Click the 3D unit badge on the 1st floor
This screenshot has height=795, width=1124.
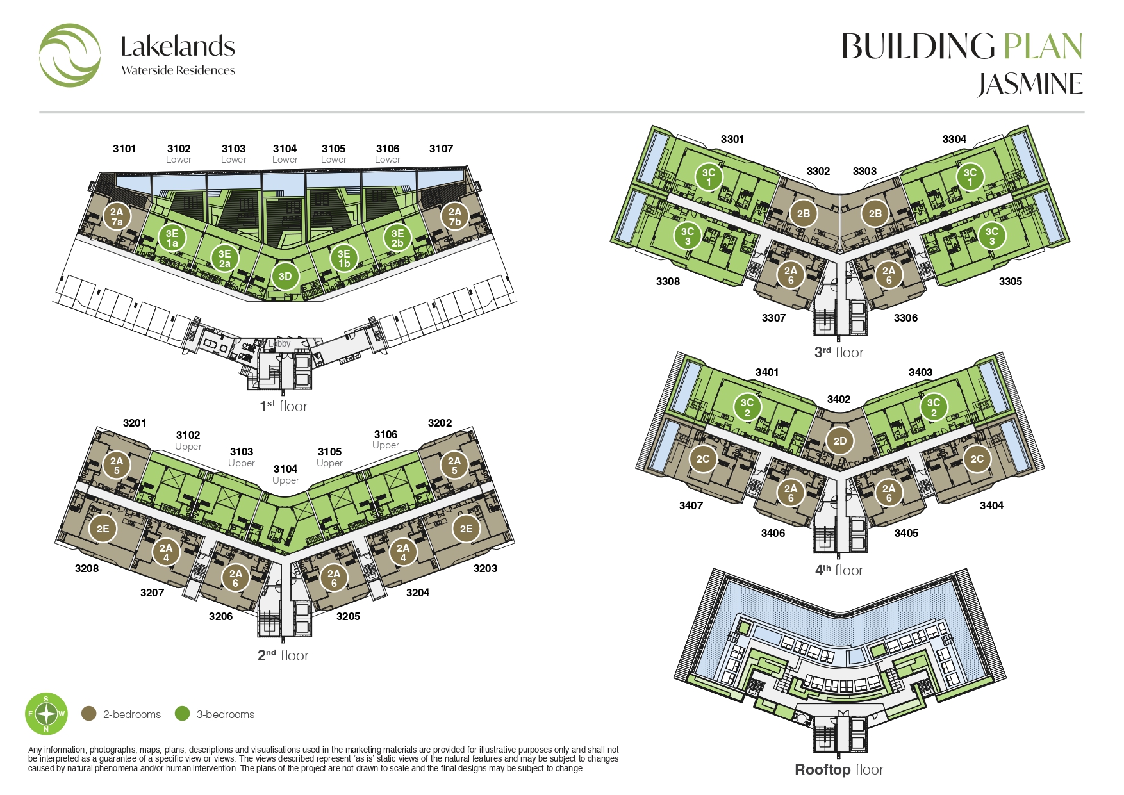click(x=285, y=276)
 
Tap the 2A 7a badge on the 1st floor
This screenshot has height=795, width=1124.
click(x=117, y=217)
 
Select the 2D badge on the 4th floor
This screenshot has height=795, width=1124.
click(x=839, y=440)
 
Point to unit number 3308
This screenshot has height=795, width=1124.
click(x=668, y=281)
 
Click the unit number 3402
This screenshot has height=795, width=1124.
click(x=839, y=399)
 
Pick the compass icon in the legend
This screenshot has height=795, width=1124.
click(x=46, y=714)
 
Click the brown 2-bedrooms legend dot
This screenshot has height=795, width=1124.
click(x=89, y=714)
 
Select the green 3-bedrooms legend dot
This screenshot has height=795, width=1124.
click(x=183, y=714)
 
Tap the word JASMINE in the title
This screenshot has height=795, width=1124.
click(x=1030, y=85)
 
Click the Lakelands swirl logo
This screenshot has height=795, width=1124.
click(x=70, y=56)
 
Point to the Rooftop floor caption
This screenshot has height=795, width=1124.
click(x=839, y=769)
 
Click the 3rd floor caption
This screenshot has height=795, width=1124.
click(x=839, y=352)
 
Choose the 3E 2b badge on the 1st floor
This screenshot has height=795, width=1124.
click(x=397, y=238)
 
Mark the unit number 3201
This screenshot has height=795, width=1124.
click(x=135, y=423)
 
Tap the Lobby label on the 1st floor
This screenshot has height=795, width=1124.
click(x=279, y=343)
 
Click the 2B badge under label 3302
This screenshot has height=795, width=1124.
click(x=804, y=213)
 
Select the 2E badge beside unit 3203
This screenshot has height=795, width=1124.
click(x=466, y=529)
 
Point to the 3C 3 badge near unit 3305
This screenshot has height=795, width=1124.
click(x=991, y=236)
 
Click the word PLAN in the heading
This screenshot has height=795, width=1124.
click(x=1043, y=47)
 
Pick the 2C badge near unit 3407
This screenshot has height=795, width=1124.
click(x=703, y=459)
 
